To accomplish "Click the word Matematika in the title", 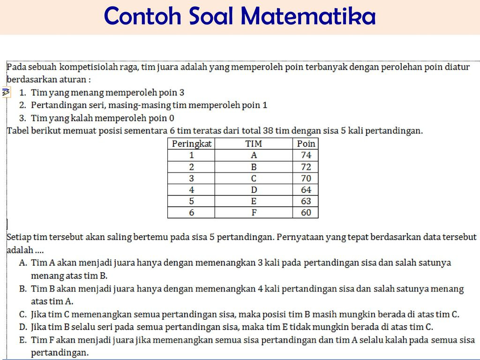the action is click(308, 15).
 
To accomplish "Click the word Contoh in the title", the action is click(143, 15).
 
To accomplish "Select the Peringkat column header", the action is click(191, 143).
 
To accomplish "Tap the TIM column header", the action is click(254, 143).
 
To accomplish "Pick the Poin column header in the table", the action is click(306, 143).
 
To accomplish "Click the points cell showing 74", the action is click(306, 155).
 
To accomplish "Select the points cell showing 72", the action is click(306, 167).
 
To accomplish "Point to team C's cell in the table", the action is click(254, 178).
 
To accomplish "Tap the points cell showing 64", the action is click(306, 190).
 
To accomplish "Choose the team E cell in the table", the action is click(254, 201).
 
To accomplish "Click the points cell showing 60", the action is click(306, 212).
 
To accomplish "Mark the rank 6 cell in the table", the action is click(191, 212).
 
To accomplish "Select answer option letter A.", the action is click(23, 262).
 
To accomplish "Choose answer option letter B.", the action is click(22, 289).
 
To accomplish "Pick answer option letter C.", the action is click(22, 315).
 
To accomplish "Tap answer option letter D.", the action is click(23, 327).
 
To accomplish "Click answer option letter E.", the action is click(22, 340).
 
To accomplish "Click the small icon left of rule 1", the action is click(6, 92).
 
